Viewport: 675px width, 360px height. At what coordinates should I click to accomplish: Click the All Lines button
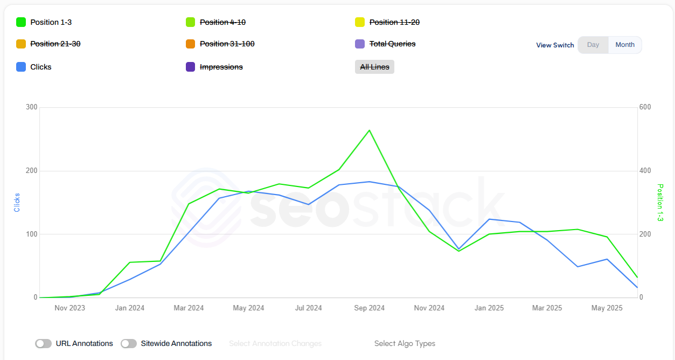pyautogui.click(x=374, y=67)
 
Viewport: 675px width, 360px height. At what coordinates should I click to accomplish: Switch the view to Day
pyautogui.click(x=593, y=45)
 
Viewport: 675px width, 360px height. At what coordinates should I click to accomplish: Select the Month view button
pyautogui.click(x=625, y=45)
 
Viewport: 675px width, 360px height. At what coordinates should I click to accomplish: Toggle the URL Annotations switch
pyautogui.click(x=44, y=343)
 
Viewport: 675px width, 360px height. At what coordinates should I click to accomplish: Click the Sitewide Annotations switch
pyautogui.click(x=129, y=343)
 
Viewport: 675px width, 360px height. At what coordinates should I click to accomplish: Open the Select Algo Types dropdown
pyautogui.click(x=405, y=343)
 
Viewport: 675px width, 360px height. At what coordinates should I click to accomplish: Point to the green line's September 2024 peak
pyautogui.click(x=369, y=130)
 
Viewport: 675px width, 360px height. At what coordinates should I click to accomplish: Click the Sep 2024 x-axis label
pyautogui.click(x=369, y=308)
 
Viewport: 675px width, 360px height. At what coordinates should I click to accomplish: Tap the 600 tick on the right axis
pyautogui.click(x=645, y=107)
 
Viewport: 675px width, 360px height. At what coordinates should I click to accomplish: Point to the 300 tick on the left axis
pyautogui.click(x=32, y=107)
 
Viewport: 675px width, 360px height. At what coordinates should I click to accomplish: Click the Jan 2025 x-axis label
pyautogui.click(x=489, y=308)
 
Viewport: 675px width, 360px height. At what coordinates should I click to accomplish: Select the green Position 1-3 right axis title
pyautogui.click(x=660, y=203)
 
